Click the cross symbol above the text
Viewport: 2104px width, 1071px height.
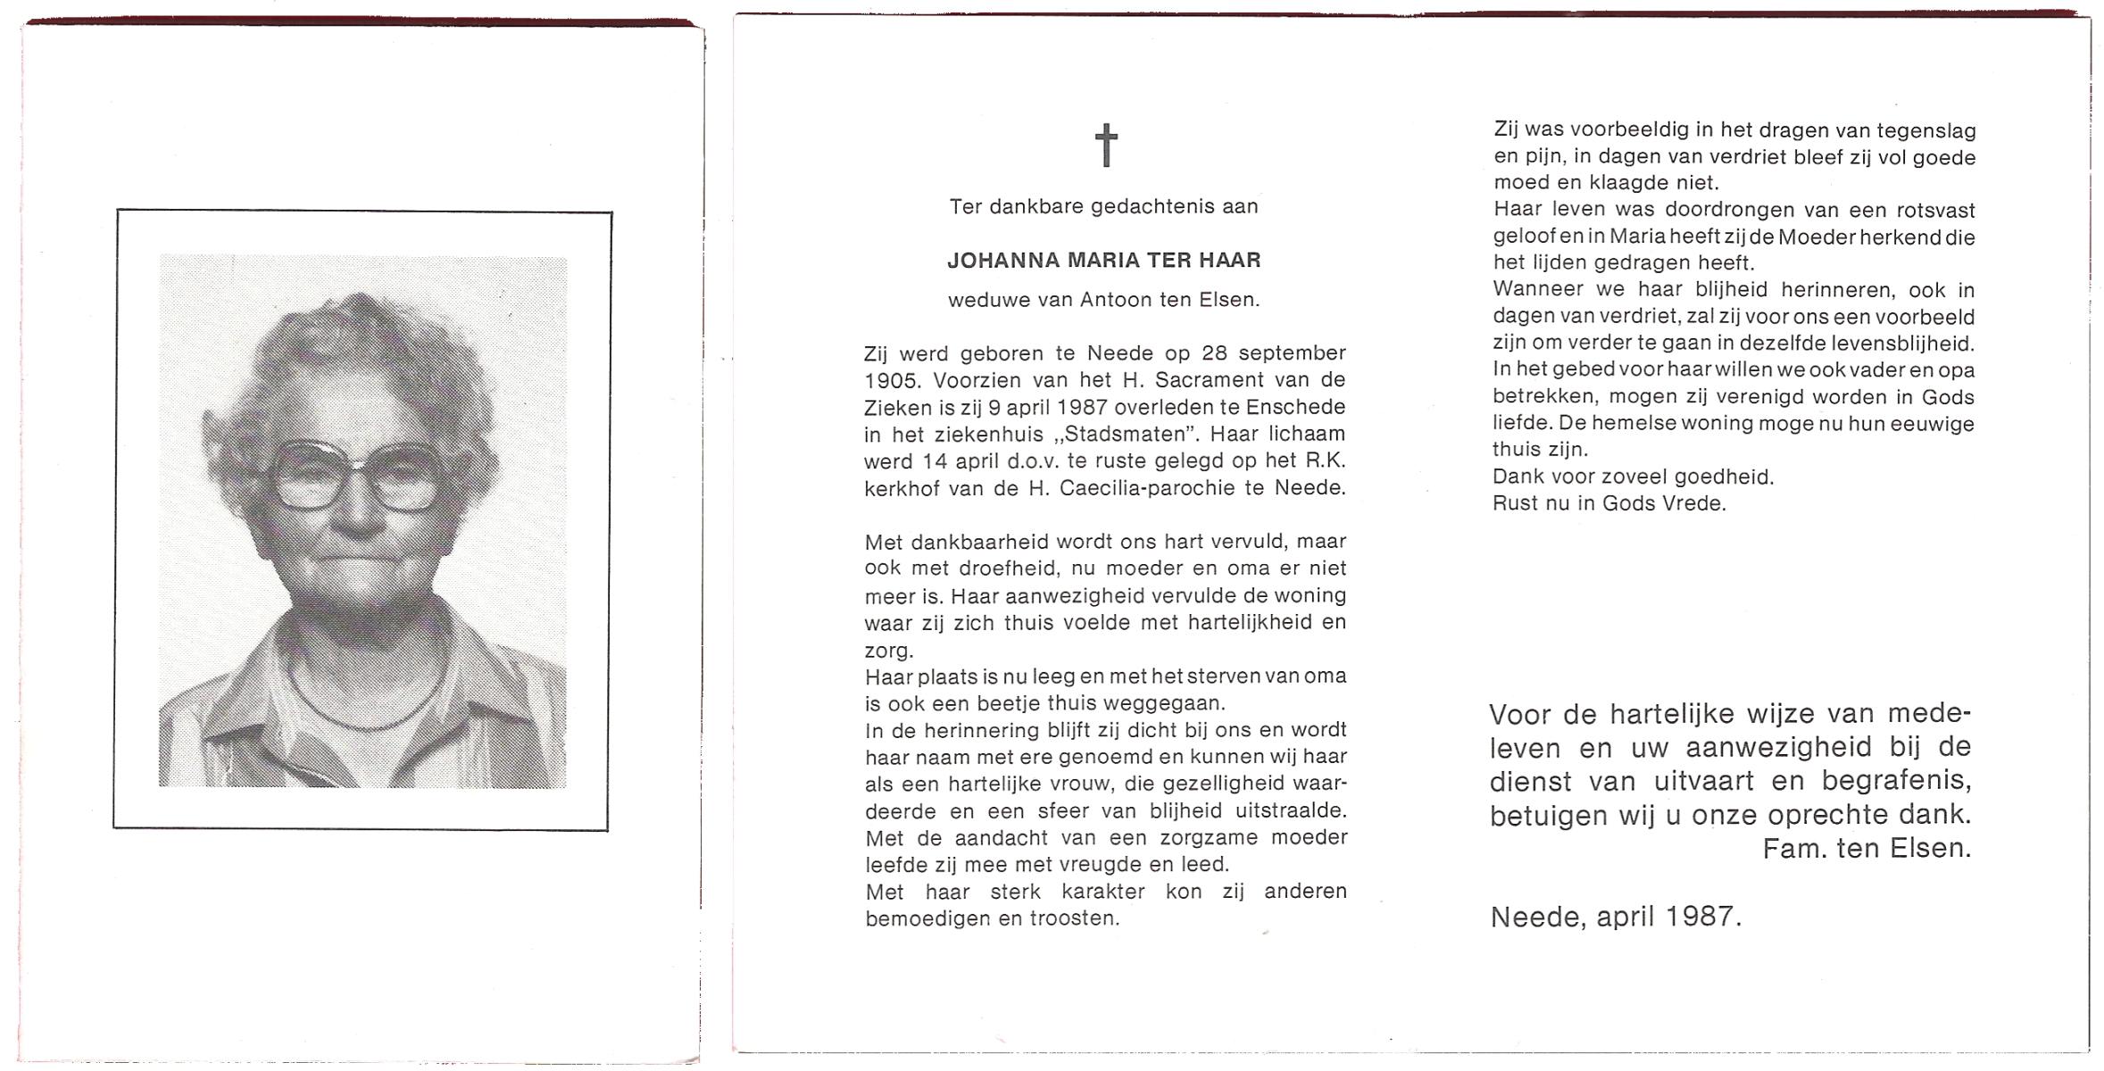tap(1106, 145)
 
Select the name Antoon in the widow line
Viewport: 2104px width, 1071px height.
tap(1117, 300)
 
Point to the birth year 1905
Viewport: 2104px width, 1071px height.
tap(892, 381)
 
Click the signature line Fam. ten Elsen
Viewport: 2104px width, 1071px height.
tap(1867, 849)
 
